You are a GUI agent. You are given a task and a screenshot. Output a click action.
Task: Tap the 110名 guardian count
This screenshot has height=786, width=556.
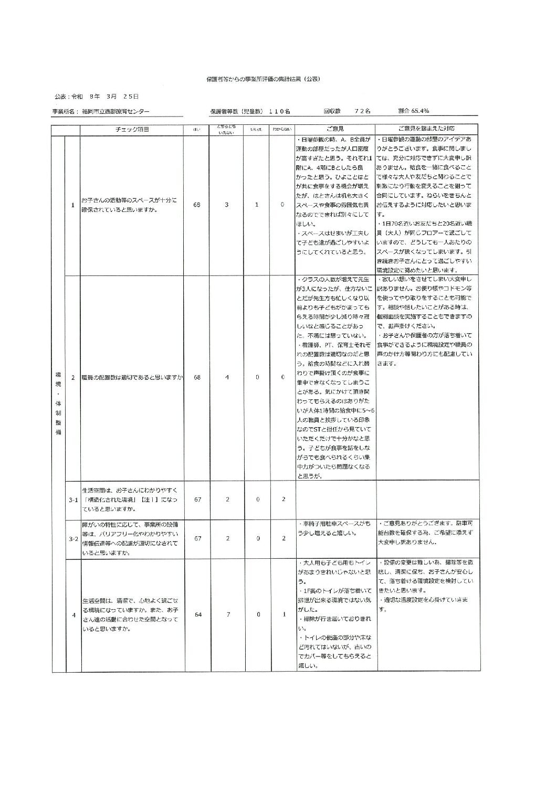click(x=279, y=111)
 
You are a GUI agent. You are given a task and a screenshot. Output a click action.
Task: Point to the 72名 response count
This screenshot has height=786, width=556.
click(x=363, y=111)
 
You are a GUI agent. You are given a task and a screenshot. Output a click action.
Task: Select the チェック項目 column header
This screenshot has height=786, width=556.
click(x=133, y=129)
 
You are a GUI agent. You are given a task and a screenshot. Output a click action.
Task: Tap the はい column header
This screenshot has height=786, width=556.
click(x=197, y=130)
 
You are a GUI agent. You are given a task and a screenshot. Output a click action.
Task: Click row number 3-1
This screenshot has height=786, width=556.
click(x=74, y=500)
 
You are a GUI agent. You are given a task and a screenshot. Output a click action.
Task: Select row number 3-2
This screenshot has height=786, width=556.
click(x=74, y=539)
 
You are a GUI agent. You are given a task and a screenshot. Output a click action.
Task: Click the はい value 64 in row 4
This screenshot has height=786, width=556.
click(x=198, y=614)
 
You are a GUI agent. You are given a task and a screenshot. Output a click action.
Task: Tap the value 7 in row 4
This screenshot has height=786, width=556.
click(x=228, y=614)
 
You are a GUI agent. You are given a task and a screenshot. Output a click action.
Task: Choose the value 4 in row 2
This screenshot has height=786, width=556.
click(x=227, y=377)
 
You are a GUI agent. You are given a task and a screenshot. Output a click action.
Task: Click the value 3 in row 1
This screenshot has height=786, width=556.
click(x=227, y=205)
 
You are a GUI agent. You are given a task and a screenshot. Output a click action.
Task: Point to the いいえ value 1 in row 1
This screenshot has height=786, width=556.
click(x=257, y=205)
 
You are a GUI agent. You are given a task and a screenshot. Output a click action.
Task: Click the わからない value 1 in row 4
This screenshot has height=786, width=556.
click(x=284, y=614)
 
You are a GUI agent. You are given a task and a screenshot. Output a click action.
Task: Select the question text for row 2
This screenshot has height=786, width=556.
click(x=132, y=377)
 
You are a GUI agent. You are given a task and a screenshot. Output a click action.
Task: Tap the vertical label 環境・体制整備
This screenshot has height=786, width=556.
click(x=58, y=404)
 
